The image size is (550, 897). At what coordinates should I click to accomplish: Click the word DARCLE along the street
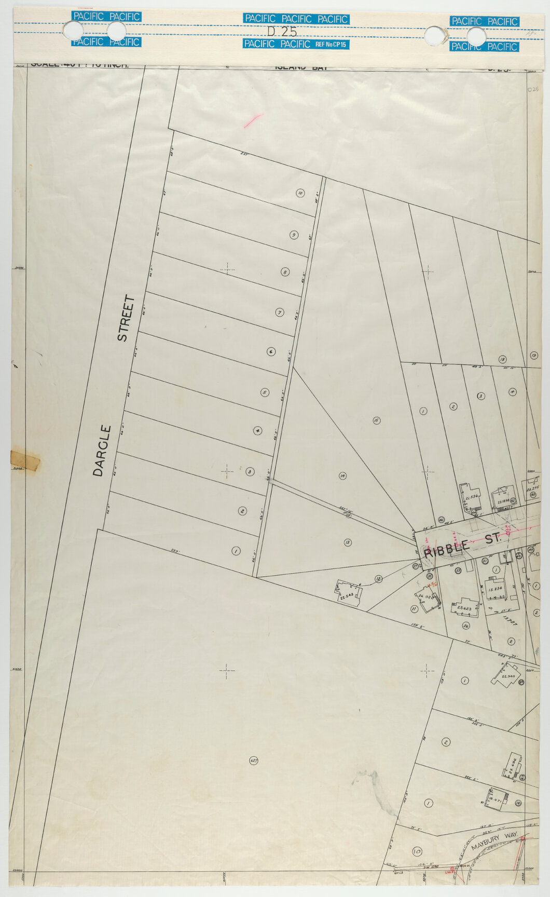[102, 451]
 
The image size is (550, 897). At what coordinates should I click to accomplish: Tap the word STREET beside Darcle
[126, 318]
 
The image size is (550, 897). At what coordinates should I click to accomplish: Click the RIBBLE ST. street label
[463, 545]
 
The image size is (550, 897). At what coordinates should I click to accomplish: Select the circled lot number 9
[294, 235]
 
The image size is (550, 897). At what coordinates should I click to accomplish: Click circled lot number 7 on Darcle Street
[279, 312]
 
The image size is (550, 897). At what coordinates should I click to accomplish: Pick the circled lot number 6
[271, 351]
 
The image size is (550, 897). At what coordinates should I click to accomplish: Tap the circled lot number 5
[265, 392]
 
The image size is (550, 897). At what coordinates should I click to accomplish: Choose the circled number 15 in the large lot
[377, 420]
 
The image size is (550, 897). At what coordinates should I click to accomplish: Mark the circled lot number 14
[342, 475]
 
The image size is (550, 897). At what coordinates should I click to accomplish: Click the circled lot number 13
[347, 542]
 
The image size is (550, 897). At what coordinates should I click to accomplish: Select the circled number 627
[253, 760]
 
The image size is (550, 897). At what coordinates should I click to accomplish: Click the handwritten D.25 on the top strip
[282, 31]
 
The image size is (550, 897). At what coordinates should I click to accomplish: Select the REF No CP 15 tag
[331, 45]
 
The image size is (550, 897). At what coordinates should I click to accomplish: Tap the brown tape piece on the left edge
[24, 461]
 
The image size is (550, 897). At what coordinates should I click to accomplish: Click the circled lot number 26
[466, 626]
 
